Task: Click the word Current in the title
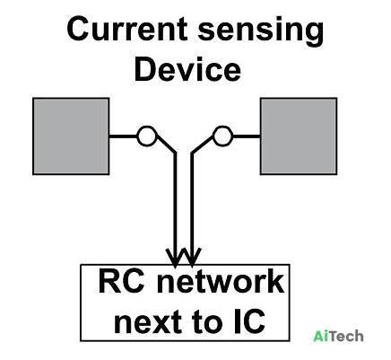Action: [x=127, y=29]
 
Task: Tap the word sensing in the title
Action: [x=261, y=31]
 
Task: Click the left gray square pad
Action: [x=71, y=136]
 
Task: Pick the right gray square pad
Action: [x=299, y=136]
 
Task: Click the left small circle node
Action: [x=147, y=136]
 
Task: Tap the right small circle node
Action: [x=222, y=136]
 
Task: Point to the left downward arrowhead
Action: [x=176, y=257]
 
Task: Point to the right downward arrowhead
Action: [x=192, y=257]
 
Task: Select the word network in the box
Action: [x=221, y=282]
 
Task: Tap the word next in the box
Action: [x=148, y=322]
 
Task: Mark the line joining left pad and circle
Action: [x=123, y=136]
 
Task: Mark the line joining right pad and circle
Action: [x=247, y=136]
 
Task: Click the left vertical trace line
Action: [x=176, y=209]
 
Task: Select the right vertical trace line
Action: [x=192, y=209]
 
